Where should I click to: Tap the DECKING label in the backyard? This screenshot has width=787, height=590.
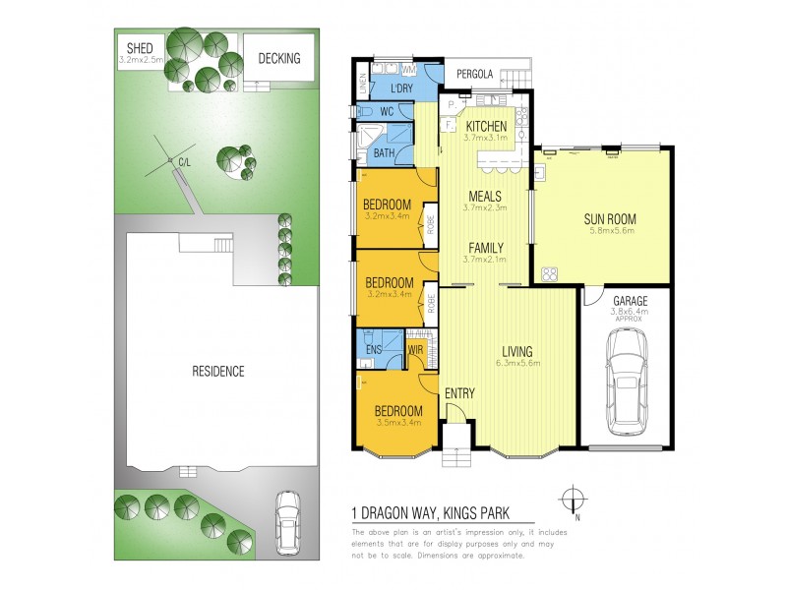coord(279,59)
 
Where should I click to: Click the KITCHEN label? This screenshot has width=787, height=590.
coord(486,126)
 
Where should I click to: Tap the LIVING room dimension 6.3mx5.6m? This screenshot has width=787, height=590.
coord(516,365)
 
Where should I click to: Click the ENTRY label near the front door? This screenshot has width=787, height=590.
coord(458,393)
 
